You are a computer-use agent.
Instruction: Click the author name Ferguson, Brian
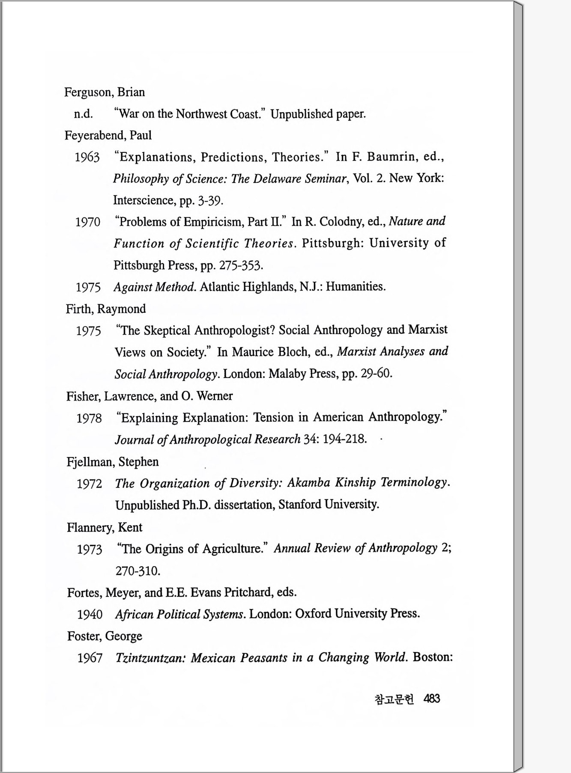click(105, 92)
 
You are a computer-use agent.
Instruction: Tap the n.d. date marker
click(83, 114)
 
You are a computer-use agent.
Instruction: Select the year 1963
click(87, 158)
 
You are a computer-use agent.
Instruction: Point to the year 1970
click(88, 222)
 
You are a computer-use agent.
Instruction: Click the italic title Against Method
click(155, 287)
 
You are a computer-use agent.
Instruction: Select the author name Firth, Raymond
click(106, 309)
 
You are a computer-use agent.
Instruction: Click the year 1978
click(89, 418)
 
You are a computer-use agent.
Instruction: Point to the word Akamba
click(308, 483)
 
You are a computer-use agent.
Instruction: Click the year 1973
click(90, 549)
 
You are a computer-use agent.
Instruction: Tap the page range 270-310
click(138, 571)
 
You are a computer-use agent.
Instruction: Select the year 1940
click(90, 615)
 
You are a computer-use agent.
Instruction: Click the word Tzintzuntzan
click(150, 658)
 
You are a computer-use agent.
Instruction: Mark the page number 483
click(431, 699)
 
